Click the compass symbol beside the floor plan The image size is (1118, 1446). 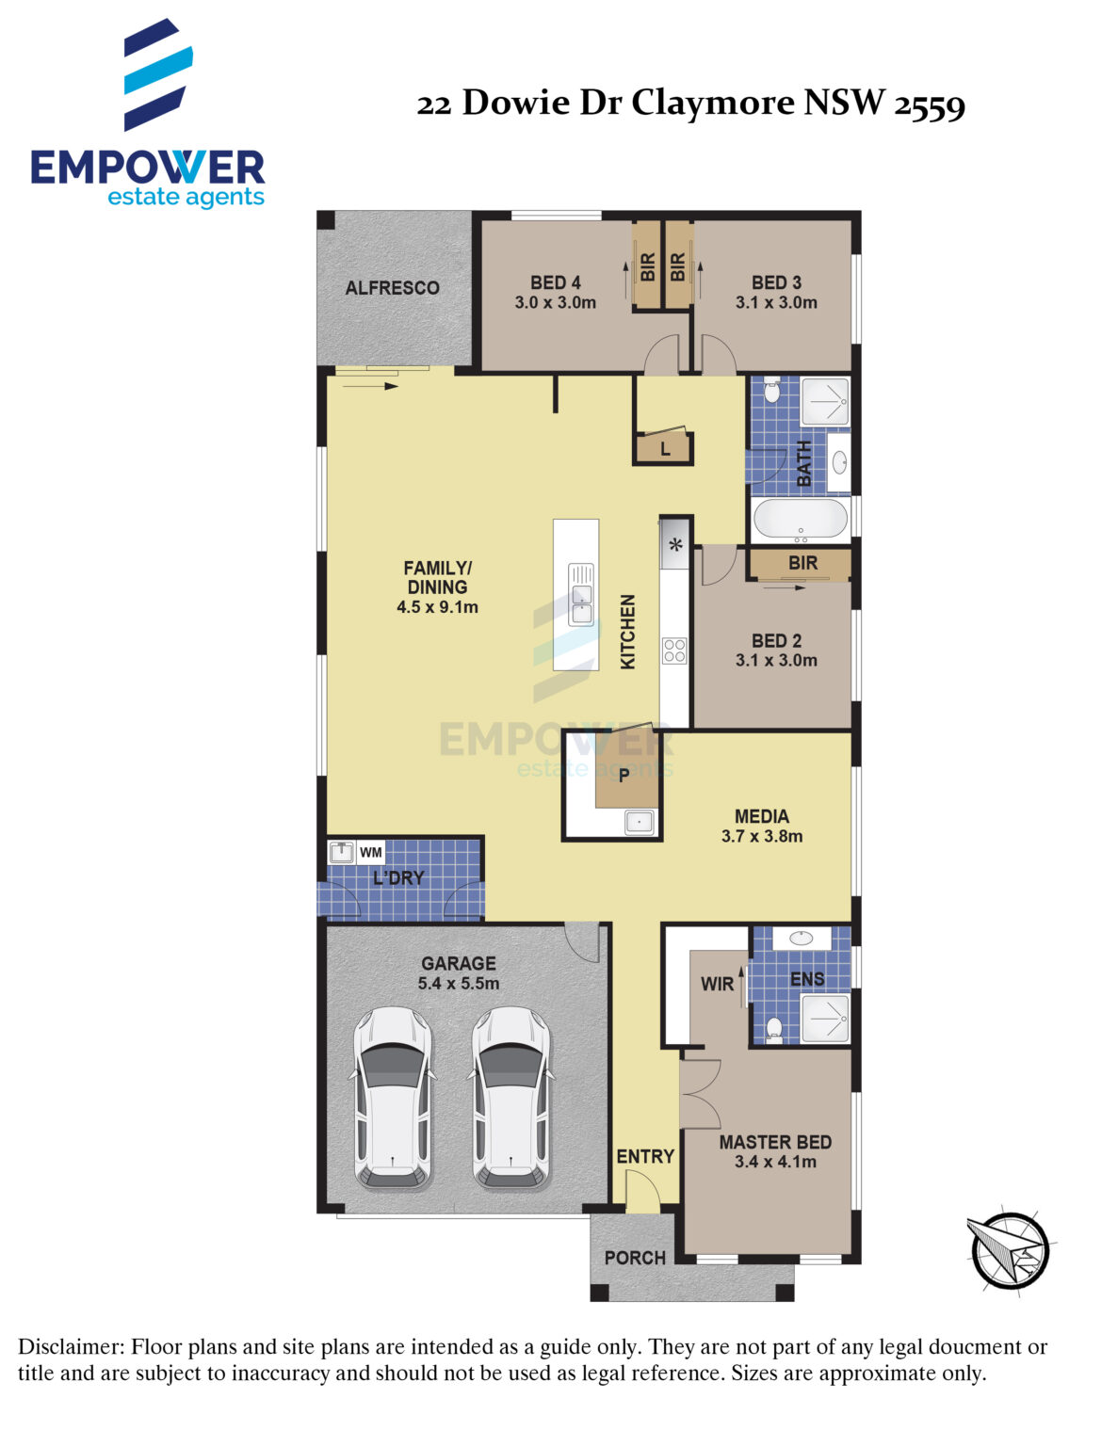(x=1010, y=1250)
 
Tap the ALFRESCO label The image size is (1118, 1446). (x=392, y=288)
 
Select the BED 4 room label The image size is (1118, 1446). (x=555, y=282)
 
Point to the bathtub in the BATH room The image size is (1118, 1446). (x=800, y=520)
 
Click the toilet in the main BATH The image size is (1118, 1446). (x=771, y=390)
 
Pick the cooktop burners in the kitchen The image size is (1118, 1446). (x=674, y=651)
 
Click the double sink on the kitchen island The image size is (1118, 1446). (x=581, y=594)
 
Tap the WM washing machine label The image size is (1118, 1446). (x=371, y=852)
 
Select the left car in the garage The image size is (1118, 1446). (x=393, y=1099)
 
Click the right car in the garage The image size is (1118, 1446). (x=511, y=1099)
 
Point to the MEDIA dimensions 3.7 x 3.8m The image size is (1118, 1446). (x=762, y=837)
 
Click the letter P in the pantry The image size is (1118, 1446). (x=624, y=776)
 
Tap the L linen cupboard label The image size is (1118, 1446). (x=665, y=450)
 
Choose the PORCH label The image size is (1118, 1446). (x=635, y=1258)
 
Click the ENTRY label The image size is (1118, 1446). (x=645, y=1157)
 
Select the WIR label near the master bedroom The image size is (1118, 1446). (x=717, y=984)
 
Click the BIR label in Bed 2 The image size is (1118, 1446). (x=802, y=563)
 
